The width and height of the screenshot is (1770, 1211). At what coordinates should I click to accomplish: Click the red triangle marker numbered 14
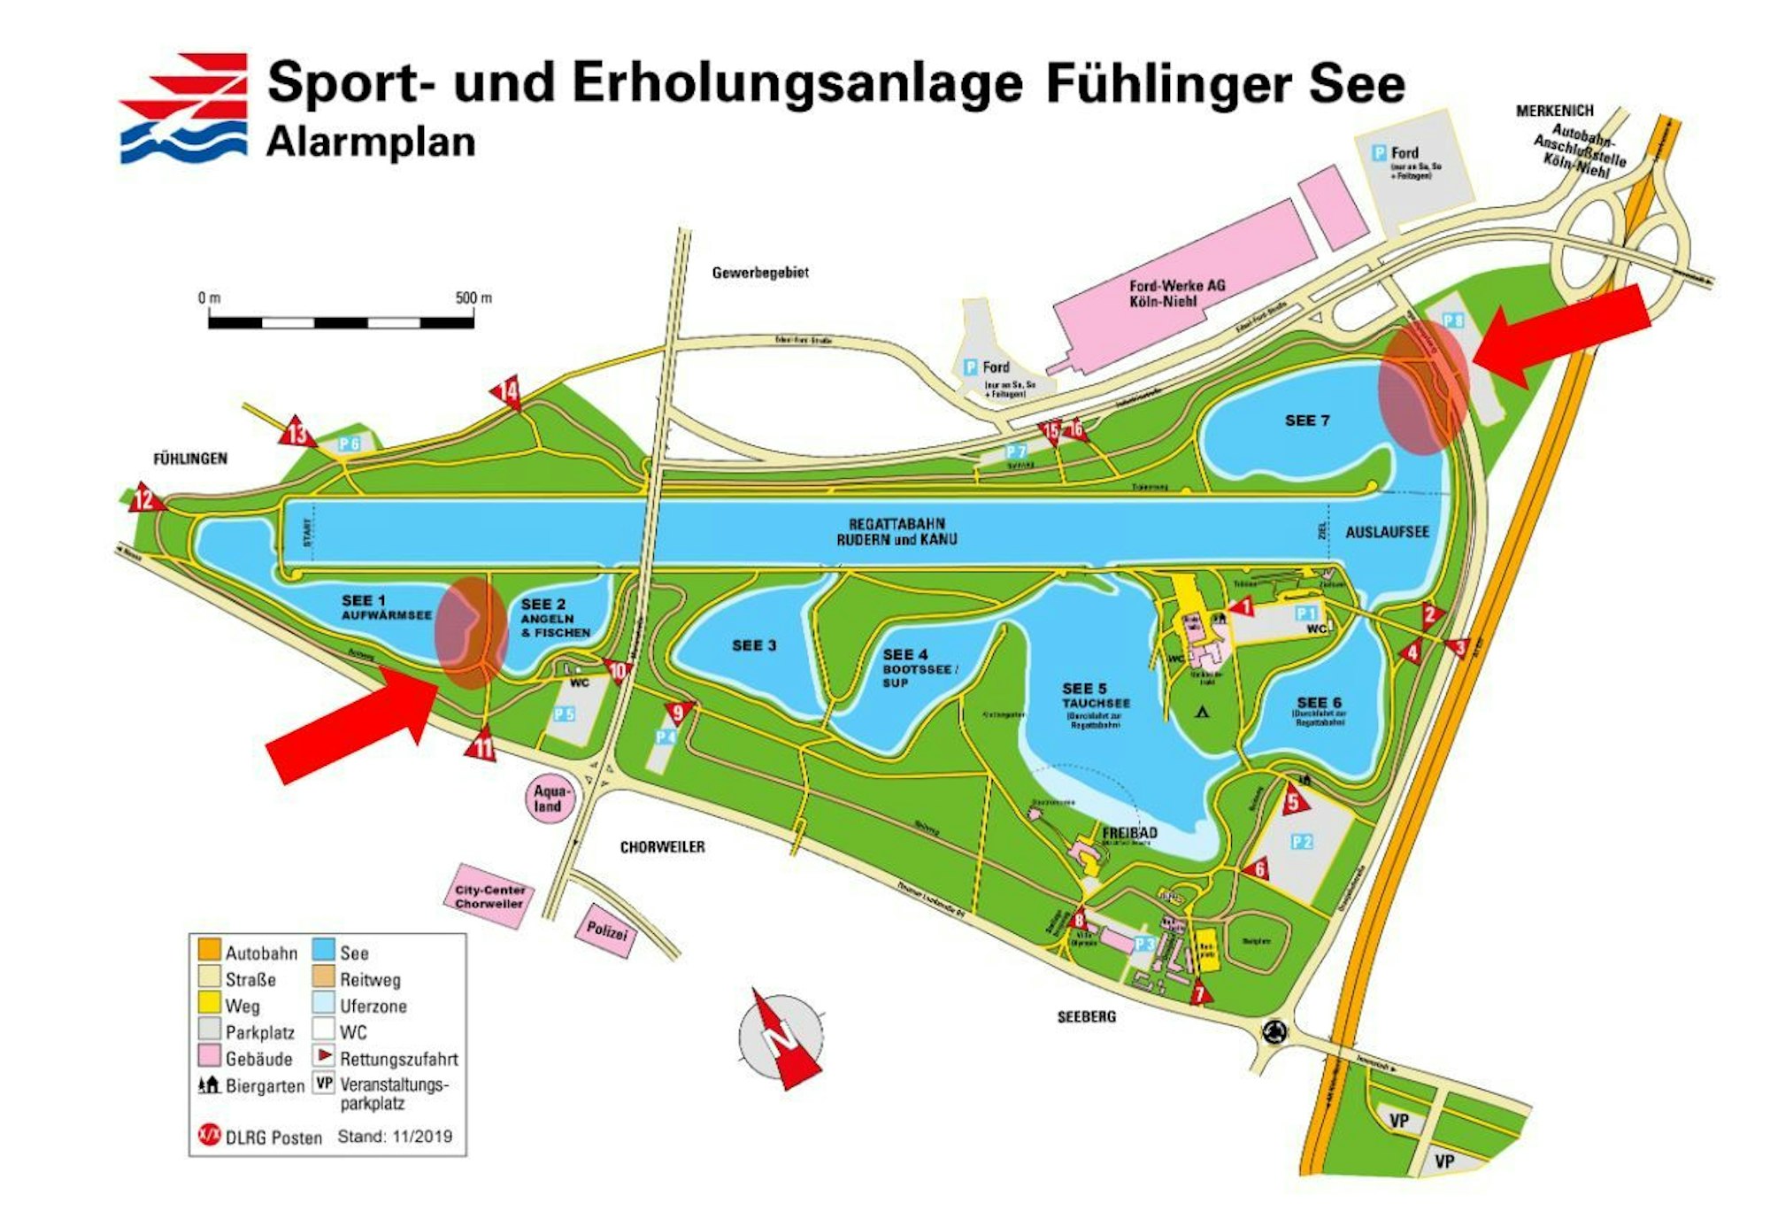(508, 392)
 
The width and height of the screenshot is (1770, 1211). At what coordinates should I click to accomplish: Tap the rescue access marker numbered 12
(144, 499)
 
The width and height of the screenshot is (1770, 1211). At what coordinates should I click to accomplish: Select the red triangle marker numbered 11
(481, 746)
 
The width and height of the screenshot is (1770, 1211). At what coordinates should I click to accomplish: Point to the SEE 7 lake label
(1307, 420)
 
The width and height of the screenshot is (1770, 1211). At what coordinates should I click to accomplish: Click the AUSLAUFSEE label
(1387, 532)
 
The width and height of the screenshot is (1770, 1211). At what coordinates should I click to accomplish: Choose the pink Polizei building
(607, 931)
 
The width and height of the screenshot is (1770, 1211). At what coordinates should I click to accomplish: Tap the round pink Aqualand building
(550, 798)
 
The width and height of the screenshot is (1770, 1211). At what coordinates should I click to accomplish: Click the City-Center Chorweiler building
(489, 897)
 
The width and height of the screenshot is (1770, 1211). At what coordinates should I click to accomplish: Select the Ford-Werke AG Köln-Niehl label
(1176, 293)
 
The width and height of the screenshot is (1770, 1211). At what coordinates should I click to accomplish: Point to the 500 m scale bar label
(473, 298)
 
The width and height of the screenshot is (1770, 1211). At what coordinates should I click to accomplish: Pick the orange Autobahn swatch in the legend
(210, 953)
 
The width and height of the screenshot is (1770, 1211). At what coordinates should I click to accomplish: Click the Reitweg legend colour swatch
(324, 978)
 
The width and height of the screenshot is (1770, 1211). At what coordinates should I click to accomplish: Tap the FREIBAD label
(1129, 833)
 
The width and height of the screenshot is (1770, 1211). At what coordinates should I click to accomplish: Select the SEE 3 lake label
(754, 645)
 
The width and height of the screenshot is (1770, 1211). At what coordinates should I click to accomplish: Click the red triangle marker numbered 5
(1295, 800)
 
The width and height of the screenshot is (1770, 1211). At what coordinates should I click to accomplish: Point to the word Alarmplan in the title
(371, 142)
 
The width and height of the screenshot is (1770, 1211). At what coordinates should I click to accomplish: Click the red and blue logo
(184, 108)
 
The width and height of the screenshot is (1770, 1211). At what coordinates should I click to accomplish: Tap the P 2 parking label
(1301, 842)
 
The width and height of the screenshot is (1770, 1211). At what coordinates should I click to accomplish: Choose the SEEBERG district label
(1086, 1017)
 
